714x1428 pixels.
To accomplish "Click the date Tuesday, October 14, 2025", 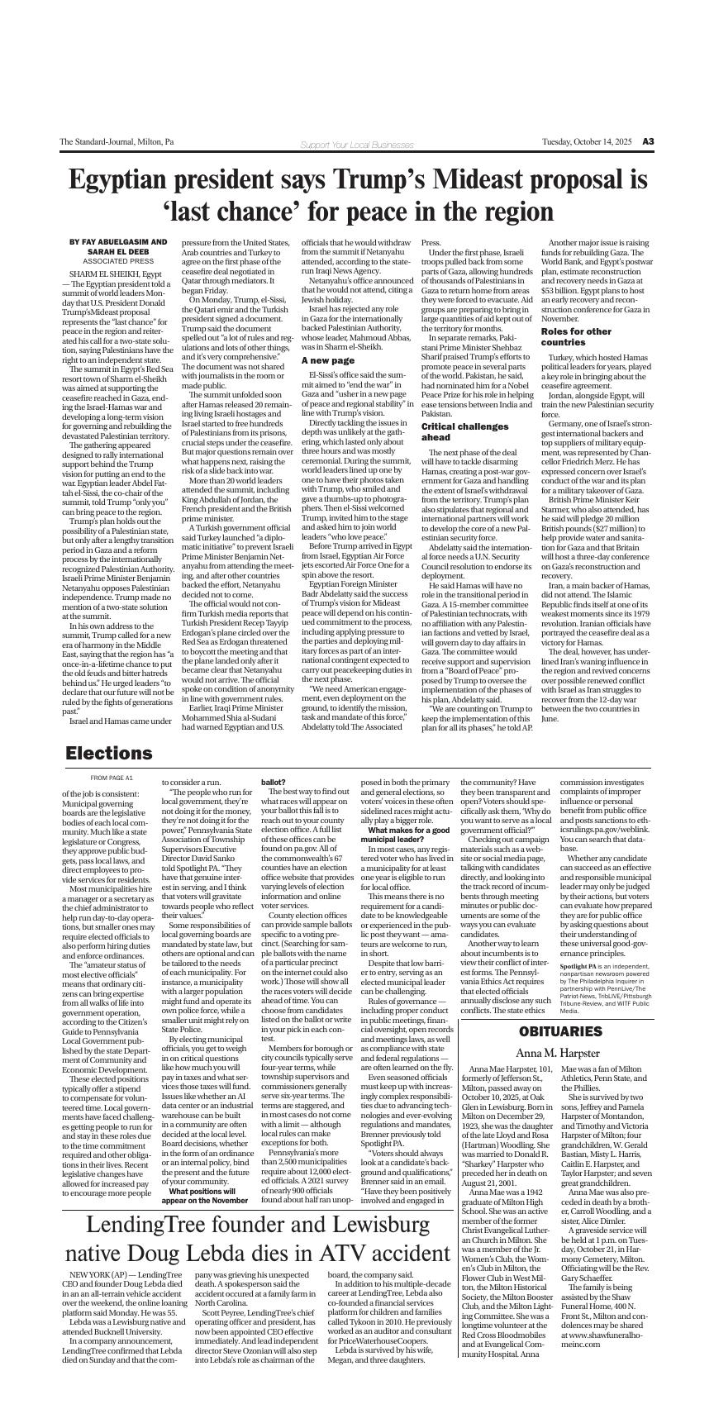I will point(587,142).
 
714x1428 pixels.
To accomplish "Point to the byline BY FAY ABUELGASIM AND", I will point(118,242).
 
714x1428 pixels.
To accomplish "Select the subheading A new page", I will point(327,360).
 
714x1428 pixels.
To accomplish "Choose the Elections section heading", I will point(109,754).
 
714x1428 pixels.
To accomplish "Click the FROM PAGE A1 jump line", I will point(111,778).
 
